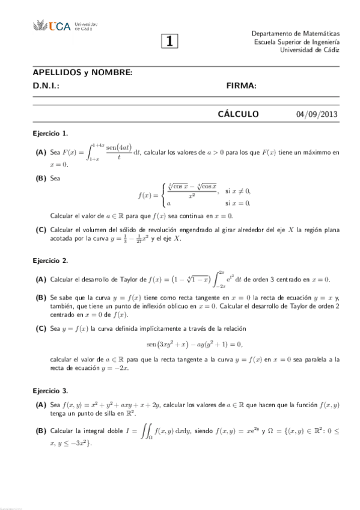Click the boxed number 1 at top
(x=170, y=41)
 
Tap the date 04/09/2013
(x=322, y=115)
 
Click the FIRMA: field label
(x=242, y=86)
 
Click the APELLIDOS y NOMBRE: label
(x=82, y=73)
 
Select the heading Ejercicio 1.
(x=50, y=133)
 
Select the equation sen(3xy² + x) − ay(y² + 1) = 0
(x=194, y=344)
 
